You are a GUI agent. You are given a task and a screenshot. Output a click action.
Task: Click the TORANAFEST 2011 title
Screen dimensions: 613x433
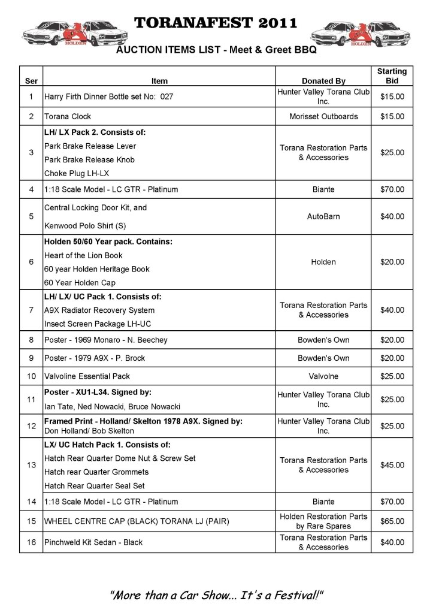coord(216,23)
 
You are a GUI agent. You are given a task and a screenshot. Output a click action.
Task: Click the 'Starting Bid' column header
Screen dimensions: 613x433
coord(392,76)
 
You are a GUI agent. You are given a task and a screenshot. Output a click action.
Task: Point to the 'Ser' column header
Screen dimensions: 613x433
coord(31,81)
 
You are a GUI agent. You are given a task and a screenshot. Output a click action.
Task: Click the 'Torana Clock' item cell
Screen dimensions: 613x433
coord(68,116)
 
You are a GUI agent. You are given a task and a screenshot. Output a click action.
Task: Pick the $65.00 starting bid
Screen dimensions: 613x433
coord(392,521)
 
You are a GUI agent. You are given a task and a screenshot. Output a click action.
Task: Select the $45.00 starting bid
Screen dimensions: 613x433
coord(392,465)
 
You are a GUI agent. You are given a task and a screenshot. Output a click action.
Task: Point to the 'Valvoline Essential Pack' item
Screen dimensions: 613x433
coord(87,376)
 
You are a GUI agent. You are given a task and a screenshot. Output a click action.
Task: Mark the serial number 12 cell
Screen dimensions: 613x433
coord(31,426)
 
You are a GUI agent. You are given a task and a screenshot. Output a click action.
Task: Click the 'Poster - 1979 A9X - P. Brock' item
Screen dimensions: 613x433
coord(95,358)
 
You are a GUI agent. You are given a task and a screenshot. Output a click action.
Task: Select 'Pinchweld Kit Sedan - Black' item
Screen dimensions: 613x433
coord(93,542)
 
